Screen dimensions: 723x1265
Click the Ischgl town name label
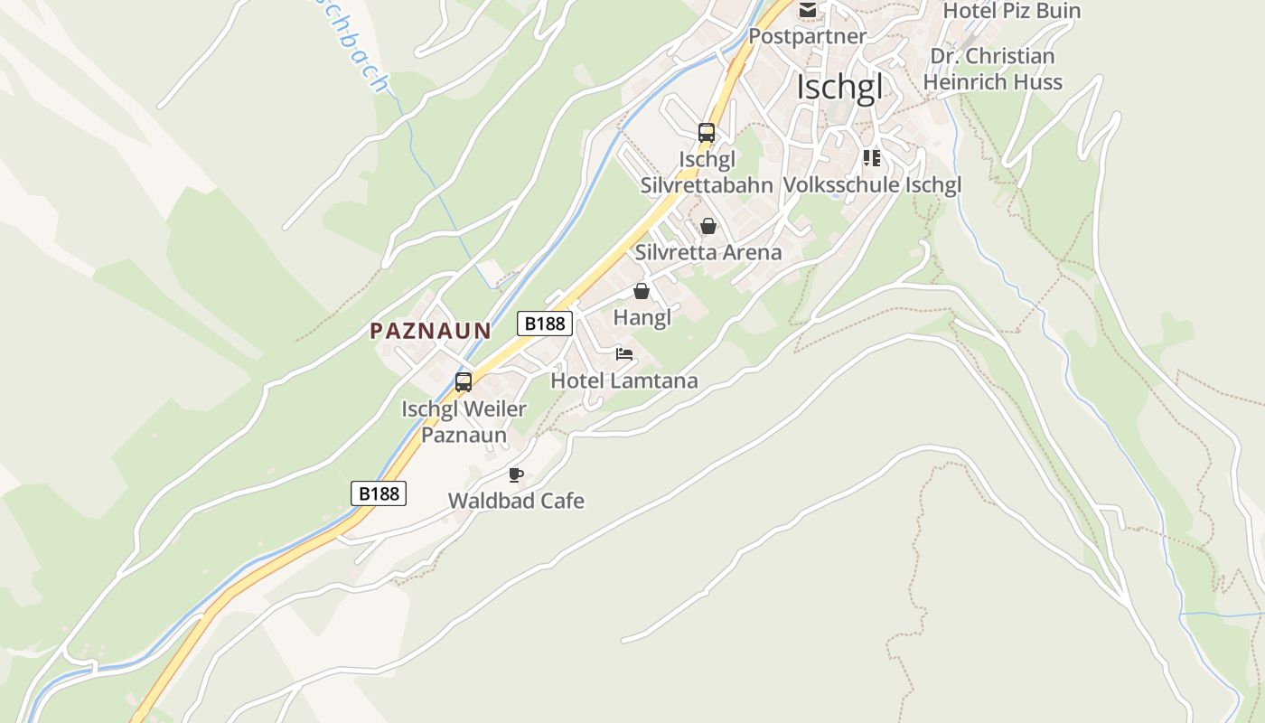[839, 89]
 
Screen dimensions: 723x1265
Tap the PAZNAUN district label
[430, 331]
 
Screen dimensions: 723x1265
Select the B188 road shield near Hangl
[545, 323]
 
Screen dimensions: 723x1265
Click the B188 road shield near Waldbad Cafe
[379, 493]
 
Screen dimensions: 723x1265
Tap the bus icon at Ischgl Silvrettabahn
[707, 133]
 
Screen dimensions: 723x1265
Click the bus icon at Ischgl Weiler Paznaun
[464, 381]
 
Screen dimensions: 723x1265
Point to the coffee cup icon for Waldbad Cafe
[516, 474]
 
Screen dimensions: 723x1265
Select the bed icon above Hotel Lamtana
[624, 354]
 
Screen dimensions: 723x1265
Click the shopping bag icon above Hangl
[642, 291]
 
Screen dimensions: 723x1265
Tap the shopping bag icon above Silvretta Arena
[708, 226]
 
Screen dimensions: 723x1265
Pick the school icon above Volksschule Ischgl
[871, 159]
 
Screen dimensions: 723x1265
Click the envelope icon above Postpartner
[807, 10]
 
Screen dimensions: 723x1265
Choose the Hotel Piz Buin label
[1011, 11]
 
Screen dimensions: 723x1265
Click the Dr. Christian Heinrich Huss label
[992, 69]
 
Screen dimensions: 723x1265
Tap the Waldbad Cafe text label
[516, 501]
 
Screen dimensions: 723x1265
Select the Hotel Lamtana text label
[624, 380]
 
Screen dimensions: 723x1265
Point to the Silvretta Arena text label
[708, 252]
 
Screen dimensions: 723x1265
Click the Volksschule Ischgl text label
[871, 185]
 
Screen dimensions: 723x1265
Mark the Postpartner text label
[807, 36]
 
